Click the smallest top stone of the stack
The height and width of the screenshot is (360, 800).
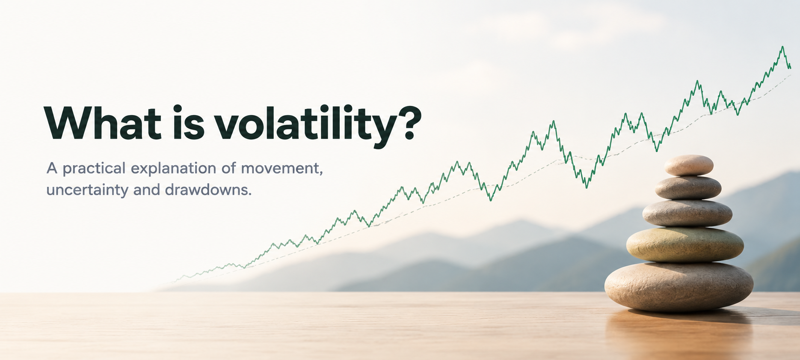(x=689, y=165)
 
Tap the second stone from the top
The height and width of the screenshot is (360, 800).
(x=688, y=187)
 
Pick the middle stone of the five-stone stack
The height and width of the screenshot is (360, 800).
(x=687, y=213)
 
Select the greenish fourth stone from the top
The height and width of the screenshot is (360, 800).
(x=685, y=244)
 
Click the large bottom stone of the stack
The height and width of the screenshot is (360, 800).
(x=679, y=286)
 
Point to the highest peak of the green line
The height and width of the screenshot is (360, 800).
(x=782, y=47)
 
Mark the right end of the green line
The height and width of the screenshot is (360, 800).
(x=790, y=68)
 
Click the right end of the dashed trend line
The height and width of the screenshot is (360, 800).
(x=791, y=74)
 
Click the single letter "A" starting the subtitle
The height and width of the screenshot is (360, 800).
(x=52, y=168)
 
